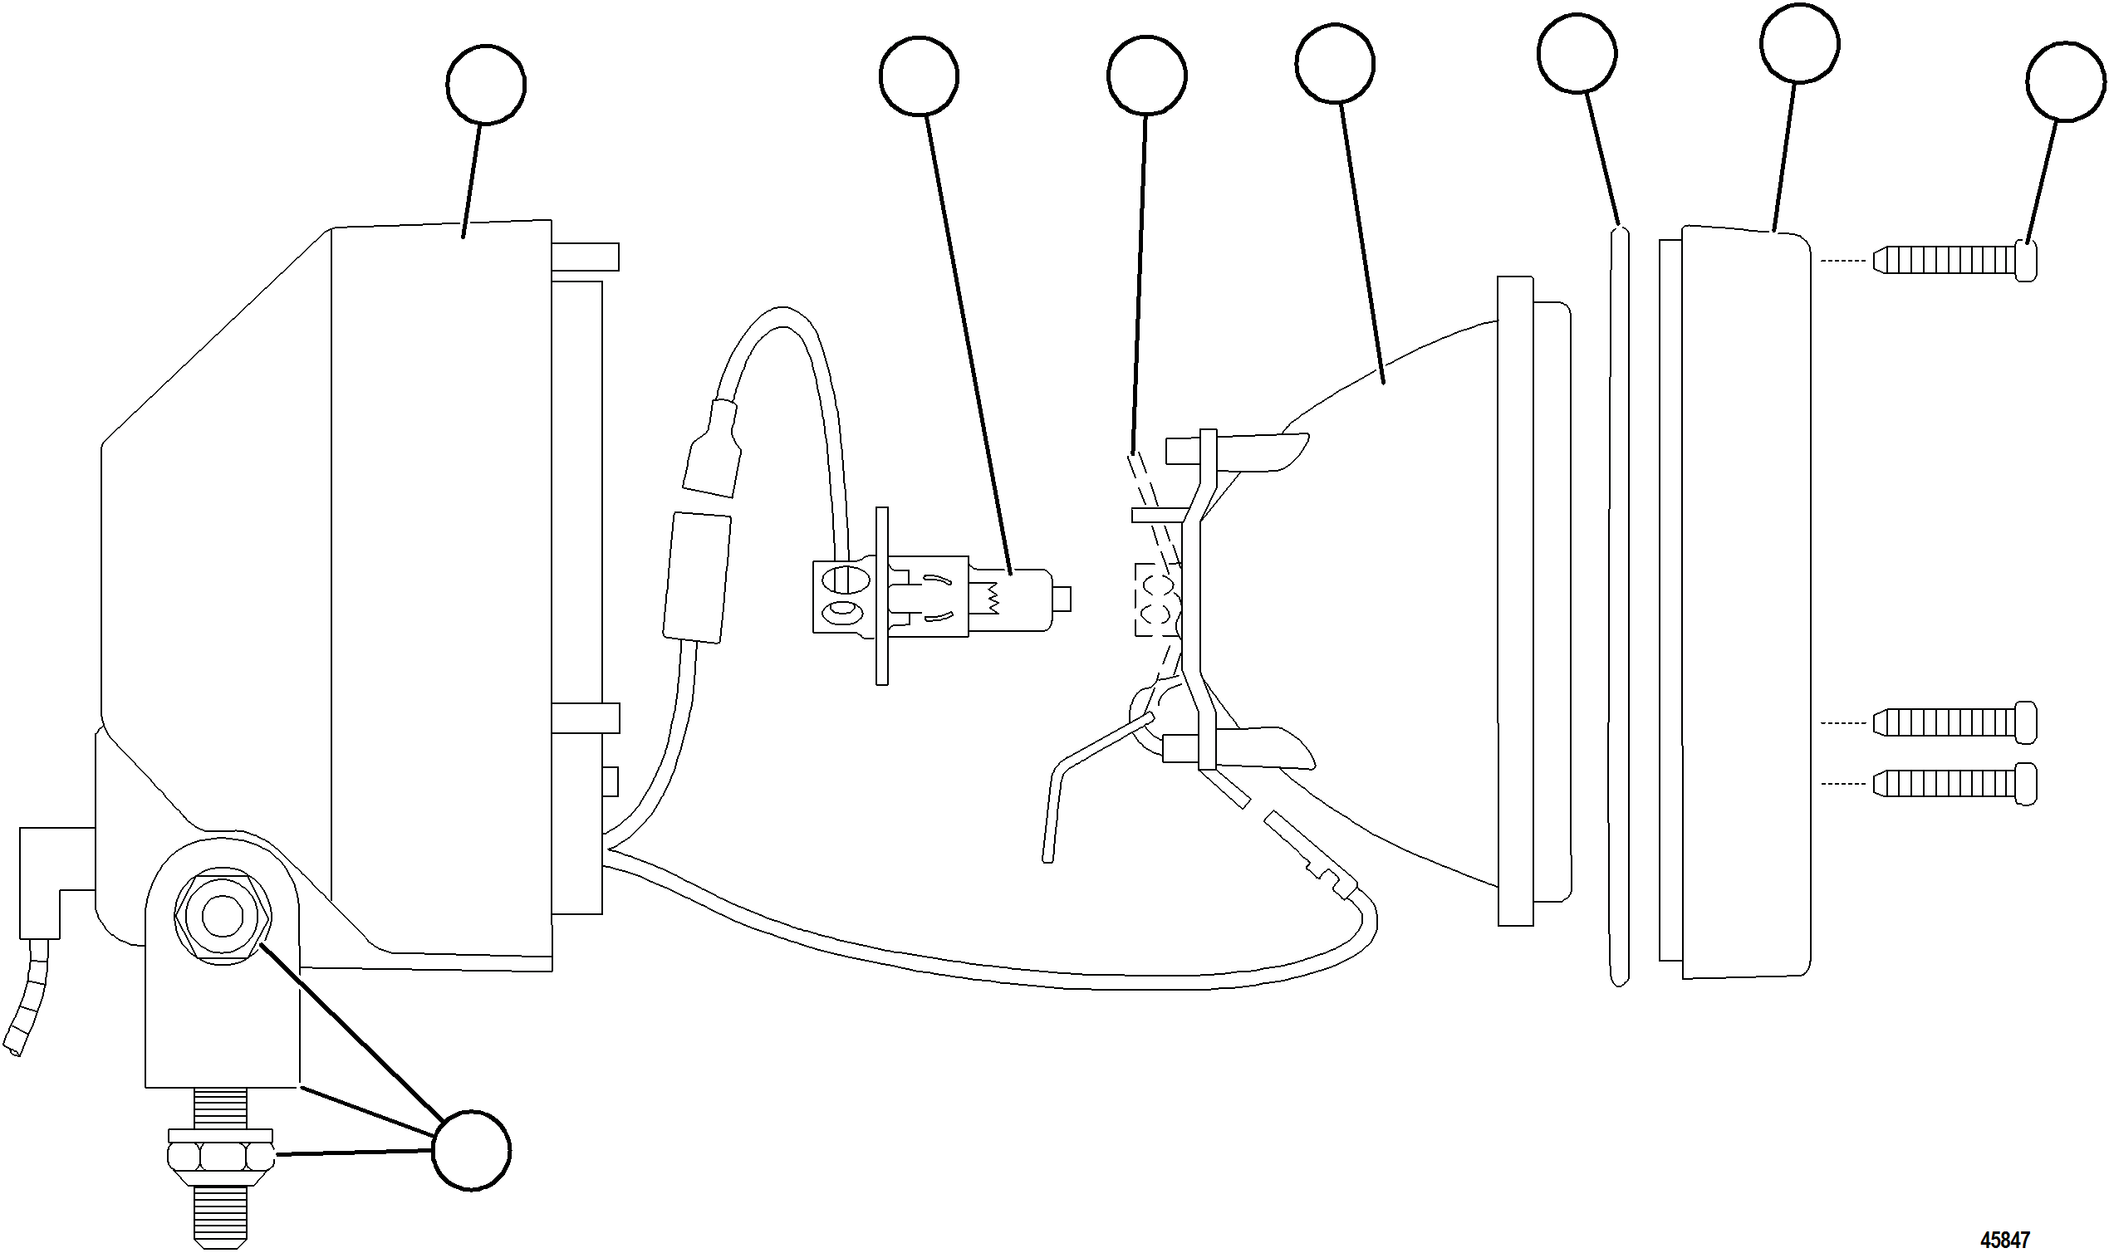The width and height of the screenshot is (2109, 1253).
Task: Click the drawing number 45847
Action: point(2004,1240)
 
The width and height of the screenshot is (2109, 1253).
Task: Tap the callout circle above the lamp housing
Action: point(486,85)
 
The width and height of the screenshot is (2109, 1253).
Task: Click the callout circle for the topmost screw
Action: point(2065,83)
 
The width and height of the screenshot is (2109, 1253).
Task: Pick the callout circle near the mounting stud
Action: point(471,1151)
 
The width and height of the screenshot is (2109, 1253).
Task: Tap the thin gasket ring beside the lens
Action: point(1617,608)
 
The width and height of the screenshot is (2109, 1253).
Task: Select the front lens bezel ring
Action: point(1744,601)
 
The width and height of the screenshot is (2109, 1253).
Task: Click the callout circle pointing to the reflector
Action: point(1335,63)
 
